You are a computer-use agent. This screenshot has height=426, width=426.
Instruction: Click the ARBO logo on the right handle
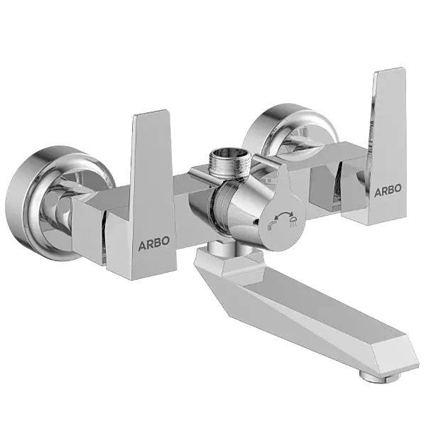[x=388, y=189]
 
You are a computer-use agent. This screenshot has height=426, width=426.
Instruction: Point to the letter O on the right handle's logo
[x=398, y=189]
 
